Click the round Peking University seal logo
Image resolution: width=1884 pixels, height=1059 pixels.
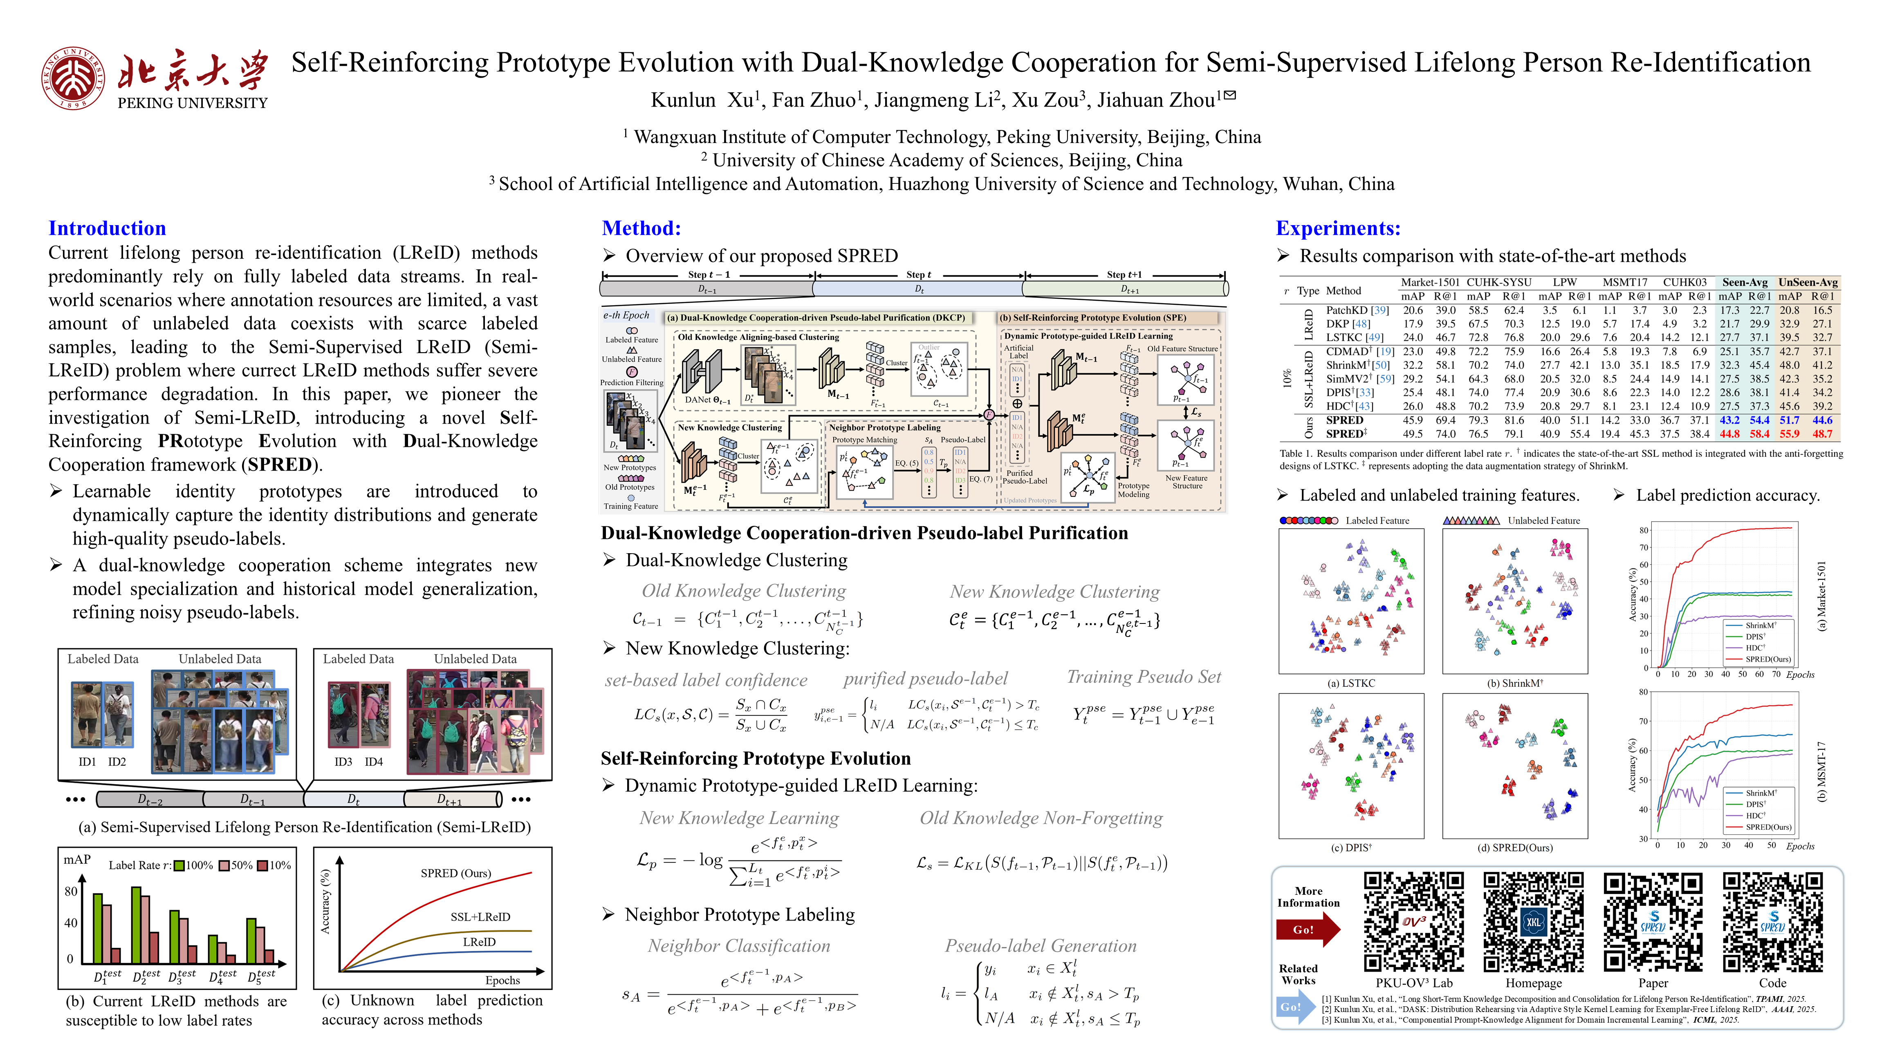coord(73,78)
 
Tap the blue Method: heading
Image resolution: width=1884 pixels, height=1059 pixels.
coord(641,228)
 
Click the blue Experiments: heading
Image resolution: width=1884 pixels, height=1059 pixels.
coord(1338,228)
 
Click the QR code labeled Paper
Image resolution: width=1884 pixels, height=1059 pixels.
coord(1652,922)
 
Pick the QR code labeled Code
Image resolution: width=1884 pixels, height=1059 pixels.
coord(1772,922)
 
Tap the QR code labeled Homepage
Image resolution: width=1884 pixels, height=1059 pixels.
coord(1533,922)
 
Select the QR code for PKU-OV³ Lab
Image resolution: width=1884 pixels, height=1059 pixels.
coord(1414,922)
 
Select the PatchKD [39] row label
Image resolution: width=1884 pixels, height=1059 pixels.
coord(1357,310)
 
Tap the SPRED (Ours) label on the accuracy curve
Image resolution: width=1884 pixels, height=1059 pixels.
coord(455,874)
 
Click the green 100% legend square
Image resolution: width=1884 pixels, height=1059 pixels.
coord(179,865)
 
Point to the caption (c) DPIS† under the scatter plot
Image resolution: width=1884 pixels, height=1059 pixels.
coord(1351,848)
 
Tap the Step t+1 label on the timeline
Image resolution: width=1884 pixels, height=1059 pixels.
coord(1124,275)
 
